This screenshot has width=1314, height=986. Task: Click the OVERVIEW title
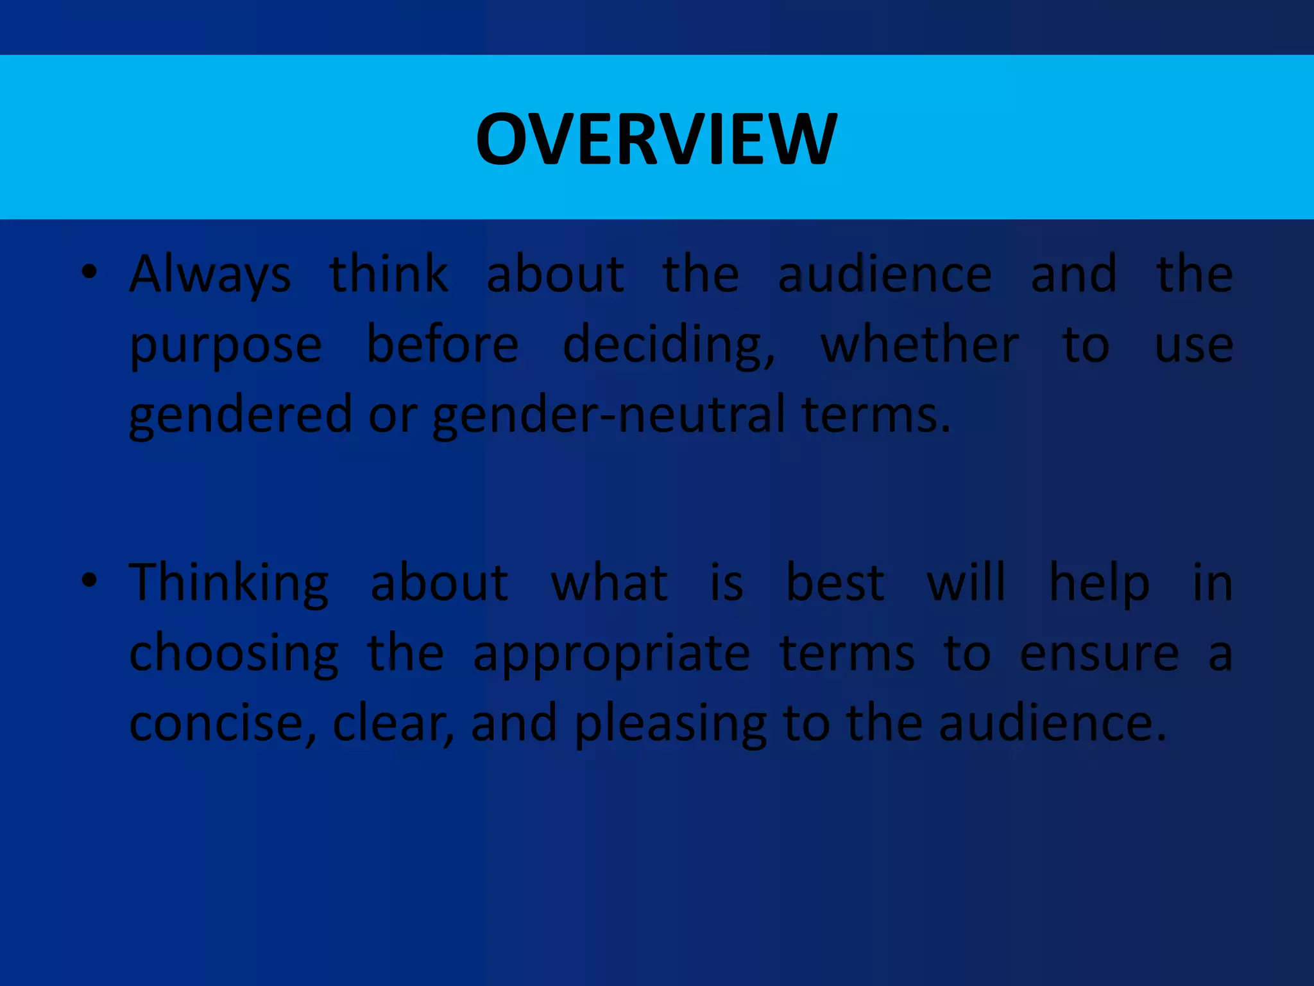tap(656, 139)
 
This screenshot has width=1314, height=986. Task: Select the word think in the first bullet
tap(388, 274)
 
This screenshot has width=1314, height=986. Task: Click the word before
tap(442, 345)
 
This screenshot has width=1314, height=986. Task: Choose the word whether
tap(919, 345)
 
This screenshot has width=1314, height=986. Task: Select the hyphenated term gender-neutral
tap(609, 415)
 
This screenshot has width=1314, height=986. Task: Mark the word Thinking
tap(229, 584)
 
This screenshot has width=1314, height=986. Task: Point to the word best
tap(835, 583)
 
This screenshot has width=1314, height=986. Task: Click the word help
tap(1099, 584)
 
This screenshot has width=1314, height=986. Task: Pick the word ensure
tap(1099, 654)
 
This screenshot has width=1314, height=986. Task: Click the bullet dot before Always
tap(89, 272)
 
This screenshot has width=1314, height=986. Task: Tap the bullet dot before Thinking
tap(89, 580)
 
